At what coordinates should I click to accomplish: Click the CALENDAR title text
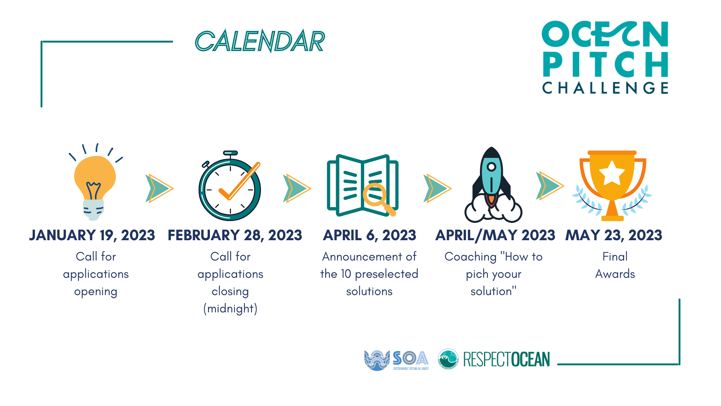(x=259, y=41)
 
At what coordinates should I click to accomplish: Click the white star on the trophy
(x=612, y=173)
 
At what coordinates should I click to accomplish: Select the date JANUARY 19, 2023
(x=92, y=235)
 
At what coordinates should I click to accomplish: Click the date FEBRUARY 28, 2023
(x=235, y=235)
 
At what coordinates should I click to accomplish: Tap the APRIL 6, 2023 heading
(x=370, y=235)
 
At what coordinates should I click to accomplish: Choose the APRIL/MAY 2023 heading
(x=495, y=235)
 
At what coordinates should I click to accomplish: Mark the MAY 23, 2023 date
(x=614, y=235)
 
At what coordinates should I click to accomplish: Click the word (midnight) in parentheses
(x=230, y=309)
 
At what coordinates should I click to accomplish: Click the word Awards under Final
(x=615, y=274)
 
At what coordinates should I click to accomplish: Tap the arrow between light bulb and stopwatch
(x=159, y=188)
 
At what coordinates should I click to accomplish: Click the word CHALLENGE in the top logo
(x=605, y=88)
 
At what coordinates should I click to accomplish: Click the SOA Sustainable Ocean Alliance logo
(x=396, y=360)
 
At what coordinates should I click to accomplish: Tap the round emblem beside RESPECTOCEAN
(x=448, y=359)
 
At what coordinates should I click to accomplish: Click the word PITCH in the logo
(x=605, y=65)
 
